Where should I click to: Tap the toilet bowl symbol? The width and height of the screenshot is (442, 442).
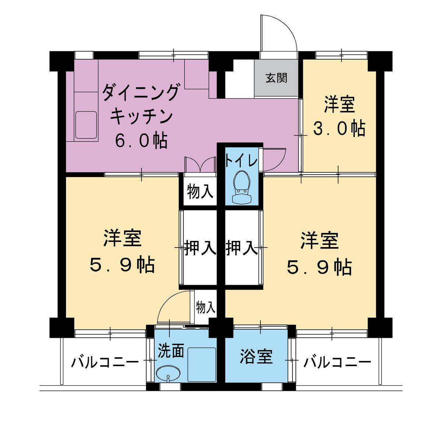[x=242, y=186]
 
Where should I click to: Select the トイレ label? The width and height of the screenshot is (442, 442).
[x=241, y=161]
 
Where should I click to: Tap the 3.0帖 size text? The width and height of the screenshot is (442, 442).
[x=339, y=129]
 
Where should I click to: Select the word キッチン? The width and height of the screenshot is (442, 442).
[x=141, y=116]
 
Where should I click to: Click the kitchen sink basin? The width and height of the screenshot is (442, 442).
[x=86, y=124]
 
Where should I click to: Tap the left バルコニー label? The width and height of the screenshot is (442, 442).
[x=105, y=363]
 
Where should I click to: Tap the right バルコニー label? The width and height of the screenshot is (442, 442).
[x=337, y=363]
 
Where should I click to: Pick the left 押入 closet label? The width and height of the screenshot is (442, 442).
[x=200, y=248]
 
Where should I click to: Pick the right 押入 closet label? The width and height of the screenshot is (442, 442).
[x=241, y=248]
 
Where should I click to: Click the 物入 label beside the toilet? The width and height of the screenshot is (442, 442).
[x=200, y=192]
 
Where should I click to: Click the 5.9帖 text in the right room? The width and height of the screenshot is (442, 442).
[x=319, y=268]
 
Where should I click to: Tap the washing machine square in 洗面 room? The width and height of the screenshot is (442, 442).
[x=202, y=364]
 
